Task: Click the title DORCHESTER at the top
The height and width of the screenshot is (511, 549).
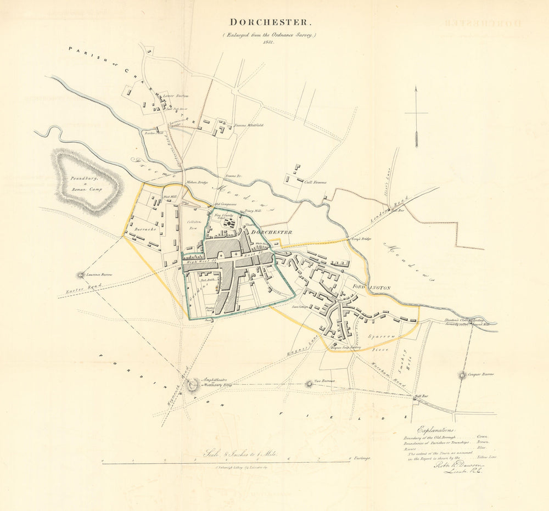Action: coord(271,23)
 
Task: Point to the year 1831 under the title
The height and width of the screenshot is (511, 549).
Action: coord(268,42)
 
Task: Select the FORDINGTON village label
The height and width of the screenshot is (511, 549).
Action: coord(371,287)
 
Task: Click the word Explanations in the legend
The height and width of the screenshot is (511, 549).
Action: coord(436,430)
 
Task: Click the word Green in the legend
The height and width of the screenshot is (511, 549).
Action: coord(483,437)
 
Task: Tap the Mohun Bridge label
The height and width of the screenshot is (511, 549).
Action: coord(199,182)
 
